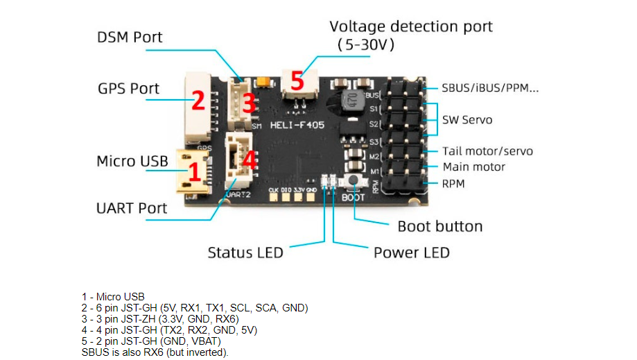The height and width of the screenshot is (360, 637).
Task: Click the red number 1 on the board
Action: pos(195,169)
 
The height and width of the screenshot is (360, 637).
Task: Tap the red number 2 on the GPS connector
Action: pos(198,101)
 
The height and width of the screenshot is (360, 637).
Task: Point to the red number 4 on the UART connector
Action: pos(249,160)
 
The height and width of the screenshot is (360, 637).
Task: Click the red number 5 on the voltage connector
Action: pos(297,81)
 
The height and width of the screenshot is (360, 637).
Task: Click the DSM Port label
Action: pos(130,37)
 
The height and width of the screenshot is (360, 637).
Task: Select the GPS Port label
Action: pos(128,89)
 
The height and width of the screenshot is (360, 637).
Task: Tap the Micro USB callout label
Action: pos(132,162)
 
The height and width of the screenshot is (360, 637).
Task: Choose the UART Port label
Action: pos(131,207)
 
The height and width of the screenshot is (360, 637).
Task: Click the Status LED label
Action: pos(245,252)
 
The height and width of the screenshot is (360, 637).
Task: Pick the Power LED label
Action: pos(411,252)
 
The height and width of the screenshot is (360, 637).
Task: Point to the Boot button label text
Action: pos(439,226)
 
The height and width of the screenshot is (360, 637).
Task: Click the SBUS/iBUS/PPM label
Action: pos(490,88)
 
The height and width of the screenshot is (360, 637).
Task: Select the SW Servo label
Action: pos(467,120)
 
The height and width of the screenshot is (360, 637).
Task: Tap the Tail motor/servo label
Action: pos(488,151)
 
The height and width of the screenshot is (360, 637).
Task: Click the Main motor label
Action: pos(473,167)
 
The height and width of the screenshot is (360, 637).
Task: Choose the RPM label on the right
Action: pos(453,184)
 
